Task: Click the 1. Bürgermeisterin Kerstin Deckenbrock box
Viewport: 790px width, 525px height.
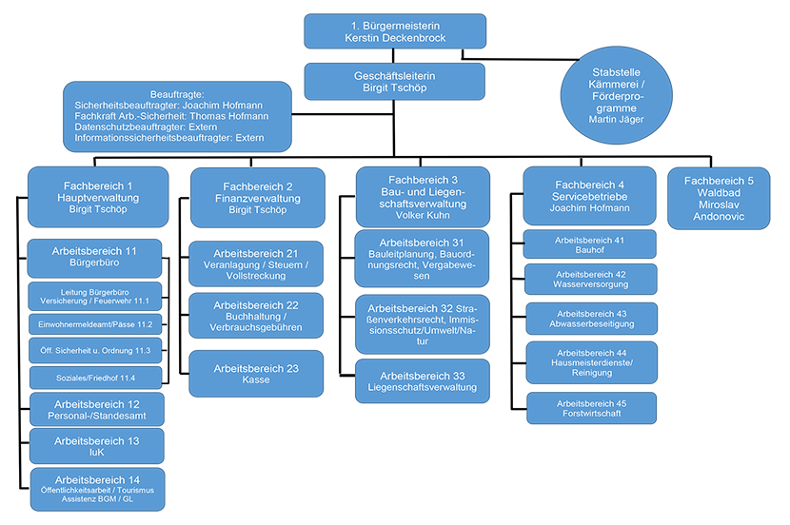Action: click(x=395, y=31)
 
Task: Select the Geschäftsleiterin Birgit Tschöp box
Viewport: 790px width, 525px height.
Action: click(x=394, y=82)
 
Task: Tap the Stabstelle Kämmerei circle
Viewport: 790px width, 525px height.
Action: click(x=616, y=95)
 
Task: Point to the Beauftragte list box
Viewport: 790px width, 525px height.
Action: click(x=177, y=116)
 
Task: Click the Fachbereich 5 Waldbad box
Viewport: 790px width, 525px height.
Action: click(x=719, y=199)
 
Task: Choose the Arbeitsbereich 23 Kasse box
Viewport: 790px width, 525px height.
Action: click(x=256, y=374)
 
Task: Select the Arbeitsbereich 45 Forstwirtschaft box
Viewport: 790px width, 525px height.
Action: click(x=591, y=408)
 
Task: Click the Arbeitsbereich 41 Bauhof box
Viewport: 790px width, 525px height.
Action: click(x=589, y=244)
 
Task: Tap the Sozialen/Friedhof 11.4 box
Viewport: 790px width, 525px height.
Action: click(x=96, y=378)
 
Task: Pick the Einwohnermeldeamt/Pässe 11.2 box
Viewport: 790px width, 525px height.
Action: click(x=95, y=324)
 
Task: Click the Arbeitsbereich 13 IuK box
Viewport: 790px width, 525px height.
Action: click(x=97, y=446)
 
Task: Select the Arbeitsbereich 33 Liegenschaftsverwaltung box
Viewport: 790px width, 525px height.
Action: click(x=423, y=381)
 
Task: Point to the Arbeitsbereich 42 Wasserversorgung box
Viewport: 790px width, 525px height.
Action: click(x=590, y=280)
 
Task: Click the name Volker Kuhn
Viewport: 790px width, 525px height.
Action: click(x=423, y=216)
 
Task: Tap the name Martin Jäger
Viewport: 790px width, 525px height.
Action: click(x=616, y=120)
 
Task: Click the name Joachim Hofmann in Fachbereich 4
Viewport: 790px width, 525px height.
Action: click(x=589, y=208)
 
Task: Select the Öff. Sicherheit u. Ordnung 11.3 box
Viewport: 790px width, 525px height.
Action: click(x=95, y=351)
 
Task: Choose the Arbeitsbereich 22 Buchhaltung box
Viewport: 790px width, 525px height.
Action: click(x=256, y=316)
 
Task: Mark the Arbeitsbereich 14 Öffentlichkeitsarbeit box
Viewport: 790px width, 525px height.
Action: click(x=97, y=489)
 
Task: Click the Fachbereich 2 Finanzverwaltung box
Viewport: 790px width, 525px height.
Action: click(x=257, y=198)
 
